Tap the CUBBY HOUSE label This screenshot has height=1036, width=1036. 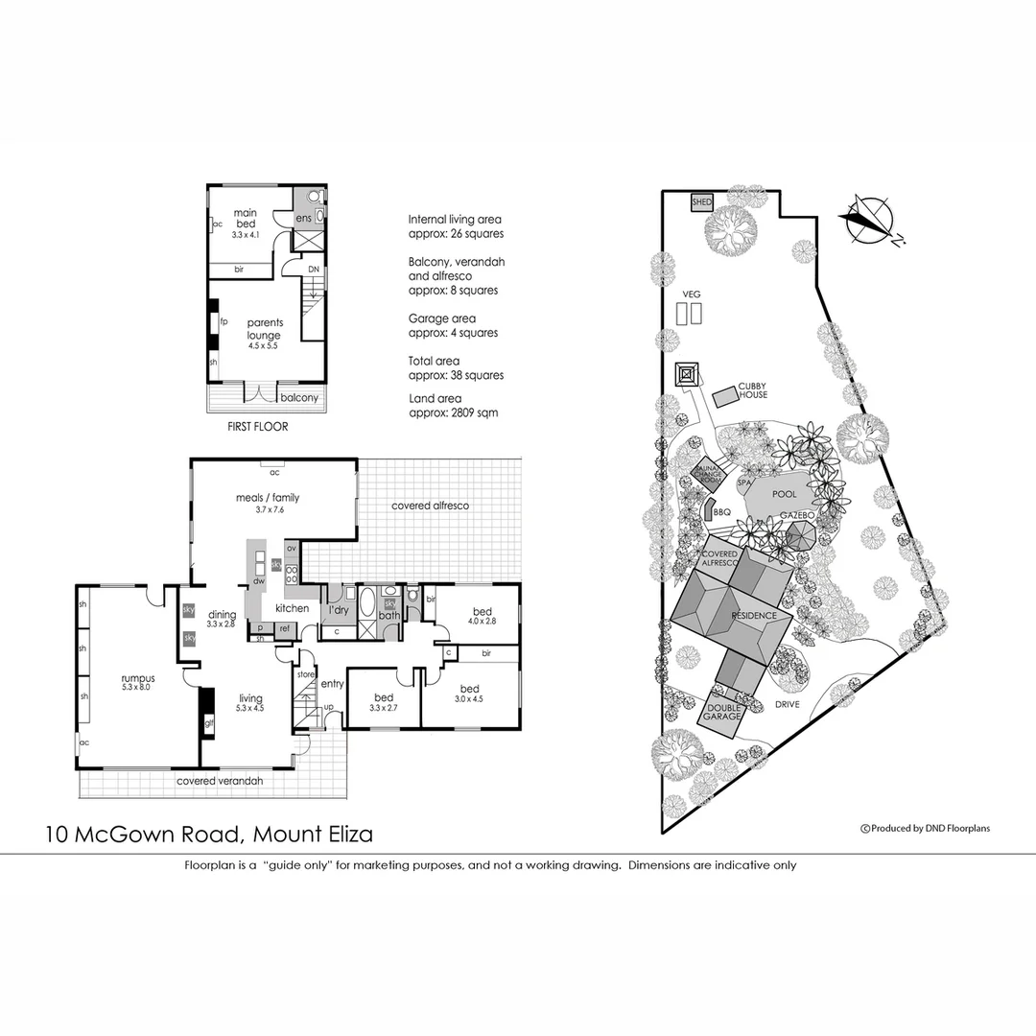(752, 390)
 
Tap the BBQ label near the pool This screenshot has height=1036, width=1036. (722, 512)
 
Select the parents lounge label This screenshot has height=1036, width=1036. (263, 329)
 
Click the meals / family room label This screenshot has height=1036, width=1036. (268, 497)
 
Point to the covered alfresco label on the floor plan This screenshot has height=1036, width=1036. (430, 505)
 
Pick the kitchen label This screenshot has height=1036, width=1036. (292, 608)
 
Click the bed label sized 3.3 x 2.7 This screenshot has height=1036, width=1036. (385, 702)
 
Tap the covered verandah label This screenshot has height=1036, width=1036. (219, 781)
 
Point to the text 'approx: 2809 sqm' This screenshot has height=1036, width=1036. (453, 413)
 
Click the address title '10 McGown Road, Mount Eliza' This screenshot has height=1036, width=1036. (209, 834)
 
